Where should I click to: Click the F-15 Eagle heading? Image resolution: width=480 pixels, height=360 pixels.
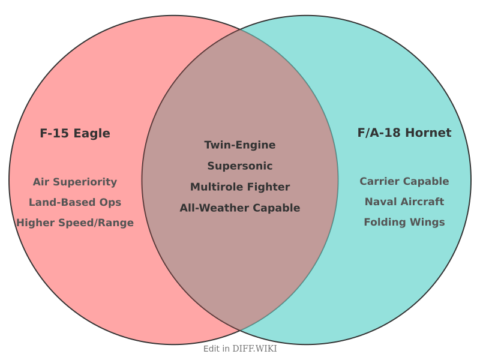(x=75, y=133)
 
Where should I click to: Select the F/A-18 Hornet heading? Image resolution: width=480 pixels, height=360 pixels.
(x=404, y=133)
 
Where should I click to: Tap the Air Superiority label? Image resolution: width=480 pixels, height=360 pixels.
(x=75, y=182)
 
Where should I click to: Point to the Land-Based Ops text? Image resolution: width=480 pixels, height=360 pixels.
(x=75, y=202)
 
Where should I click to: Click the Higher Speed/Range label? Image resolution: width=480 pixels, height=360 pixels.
(x=75, y=223)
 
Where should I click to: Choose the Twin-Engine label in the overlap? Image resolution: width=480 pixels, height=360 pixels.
(x=240, y=145)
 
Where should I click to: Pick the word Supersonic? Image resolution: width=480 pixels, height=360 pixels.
(x=240, y=166)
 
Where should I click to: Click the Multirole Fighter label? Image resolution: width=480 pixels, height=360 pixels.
(x=240, y=187)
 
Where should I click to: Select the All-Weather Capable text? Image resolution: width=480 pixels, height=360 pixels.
(x=240, y=208)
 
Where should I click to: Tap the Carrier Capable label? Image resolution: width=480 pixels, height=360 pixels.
(x=404, y=181)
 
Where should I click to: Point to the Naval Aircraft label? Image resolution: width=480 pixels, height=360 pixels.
(x=404, y=202)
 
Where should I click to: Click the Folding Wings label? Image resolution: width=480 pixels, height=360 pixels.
(x=404, y=222)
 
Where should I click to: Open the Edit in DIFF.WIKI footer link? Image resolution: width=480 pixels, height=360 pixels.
(x=240, y=349)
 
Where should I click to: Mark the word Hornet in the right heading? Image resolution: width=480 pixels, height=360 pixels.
(x=428, y=133)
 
